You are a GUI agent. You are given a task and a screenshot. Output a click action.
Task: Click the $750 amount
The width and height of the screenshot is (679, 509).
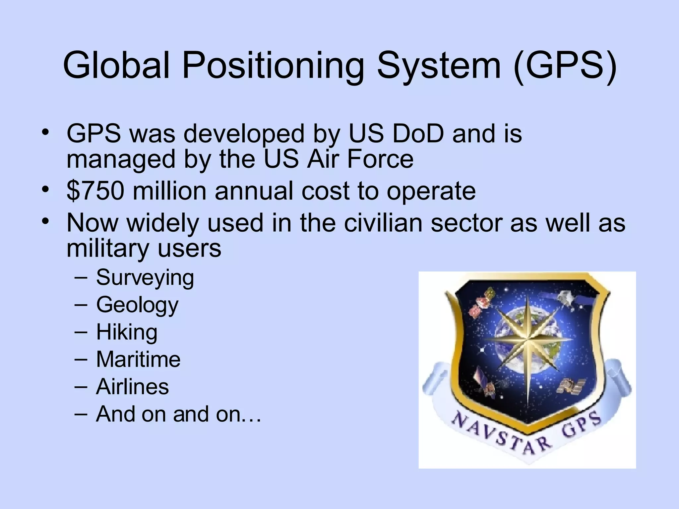[x=95, y=191]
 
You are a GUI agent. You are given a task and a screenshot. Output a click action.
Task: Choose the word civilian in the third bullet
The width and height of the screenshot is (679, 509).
[x=383, y=223]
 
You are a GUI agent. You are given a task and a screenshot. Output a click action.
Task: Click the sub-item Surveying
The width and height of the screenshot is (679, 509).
[x=145, y=278]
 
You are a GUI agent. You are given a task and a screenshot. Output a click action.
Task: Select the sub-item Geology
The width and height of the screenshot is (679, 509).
[x=137, y=305]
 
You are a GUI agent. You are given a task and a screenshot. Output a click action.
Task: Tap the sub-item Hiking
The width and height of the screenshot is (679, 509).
[x=127, y=332]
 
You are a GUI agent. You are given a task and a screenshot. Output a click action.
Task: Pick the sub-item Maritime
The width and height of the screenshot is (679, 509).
[x=138, y=359]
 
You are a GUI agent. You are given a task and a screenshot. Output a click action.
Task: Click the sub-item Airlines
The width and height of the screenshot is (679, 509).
[x=132, y=387]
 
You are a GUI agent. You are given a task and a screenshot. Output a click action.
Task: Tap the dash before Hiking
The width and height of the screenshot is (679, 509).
[x=81, y=331]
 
